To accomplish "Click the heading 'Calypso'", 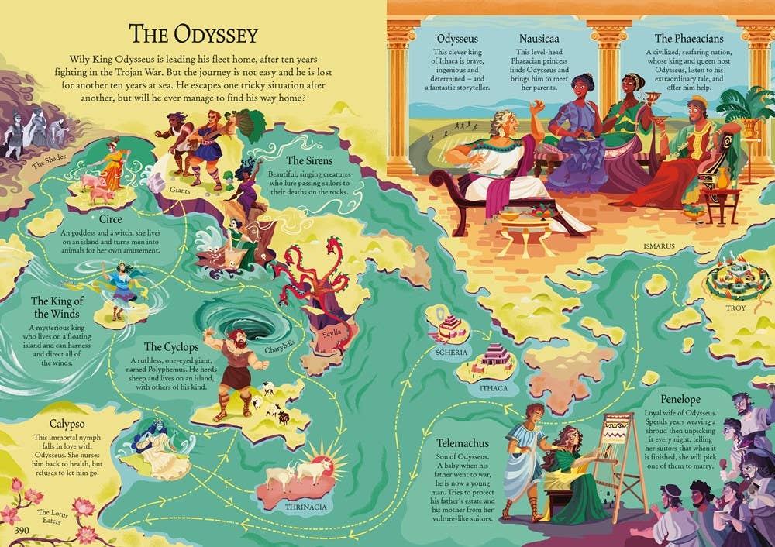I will (54, 424).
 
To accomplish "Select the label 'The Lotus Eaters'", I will (54, 516).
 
